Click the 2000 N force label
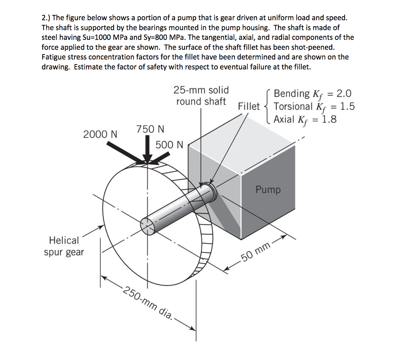coord(100,134)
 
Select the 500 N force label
coord(170,145)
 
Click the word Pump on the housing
coord(268,190)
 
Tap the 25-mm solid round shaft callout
coord(201,96)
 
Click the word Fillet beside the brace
coord(249,106)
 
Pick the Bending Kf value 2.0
coord(343,93)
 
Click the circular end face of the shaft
coord(148,226)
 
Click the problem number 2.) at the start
coord(46,18)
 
